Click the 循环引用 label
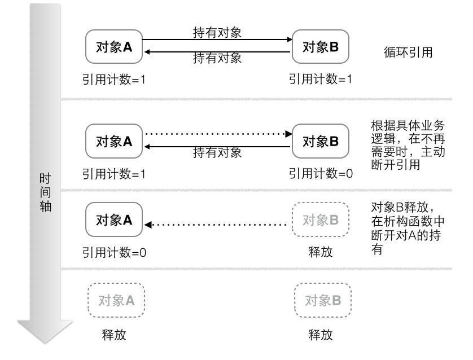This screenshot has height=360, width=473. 408,53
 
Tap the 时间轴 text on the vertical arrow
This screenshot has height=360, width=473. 45,192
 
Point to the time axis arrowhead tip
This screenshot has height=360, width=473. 45,342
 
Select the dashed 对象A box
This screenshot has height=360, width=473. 116,301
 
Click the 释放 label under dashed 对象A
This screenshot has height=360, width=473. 114,335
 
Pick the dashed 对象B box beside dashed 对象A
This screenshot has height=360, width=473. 323,301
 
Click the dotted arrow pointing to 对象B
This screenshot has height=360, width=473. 217,134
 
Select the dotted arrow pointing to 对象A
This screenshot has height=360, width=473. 217,225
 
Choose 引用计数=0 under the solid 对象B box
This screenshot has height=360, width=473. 321,174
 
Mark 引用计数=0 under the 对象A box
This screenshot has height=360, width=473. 115,252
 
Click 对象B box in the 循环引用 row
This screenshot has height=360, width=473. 321,47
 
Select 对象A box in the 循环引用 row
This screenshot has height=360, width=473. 114,47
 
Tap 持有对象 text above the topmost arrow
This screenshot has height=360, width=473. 217,33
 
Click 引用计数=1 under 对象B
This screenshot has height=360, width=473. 321,80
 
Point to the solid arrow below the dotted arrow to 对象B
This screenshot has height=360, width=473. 217,146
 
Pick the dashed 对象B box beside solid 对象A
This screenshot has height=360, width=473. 321,220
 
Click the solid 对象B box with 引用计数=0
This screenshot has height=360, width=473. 321,141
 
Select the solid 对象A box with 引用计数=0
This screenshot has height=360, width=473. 114,220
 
